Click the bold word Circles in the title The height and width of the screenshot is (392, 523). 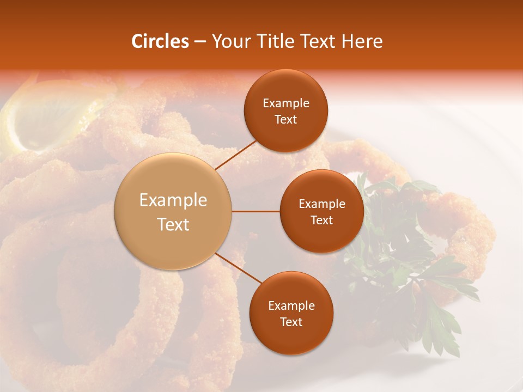coord(160,41)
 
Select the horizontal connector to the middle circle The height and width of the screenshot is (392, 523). coord(256,211)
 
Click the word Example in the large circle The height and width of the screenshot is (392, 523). coord(173,200)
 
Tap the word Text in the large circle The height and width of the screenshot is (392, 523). coord(173,224)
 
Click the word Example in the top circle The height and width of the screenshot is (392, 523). coord(286,103)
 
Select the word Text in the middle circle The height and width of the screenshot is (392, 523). coord(322,220)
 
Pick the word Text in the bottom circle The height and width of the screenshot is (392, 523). coord(291,322)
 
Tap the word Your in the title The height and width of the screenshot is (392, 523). coord(230,41)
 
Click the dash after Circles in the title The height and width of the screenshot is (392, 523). coord(200,42)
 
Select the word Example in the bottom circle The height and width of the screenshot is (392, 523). coord(291,306)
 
